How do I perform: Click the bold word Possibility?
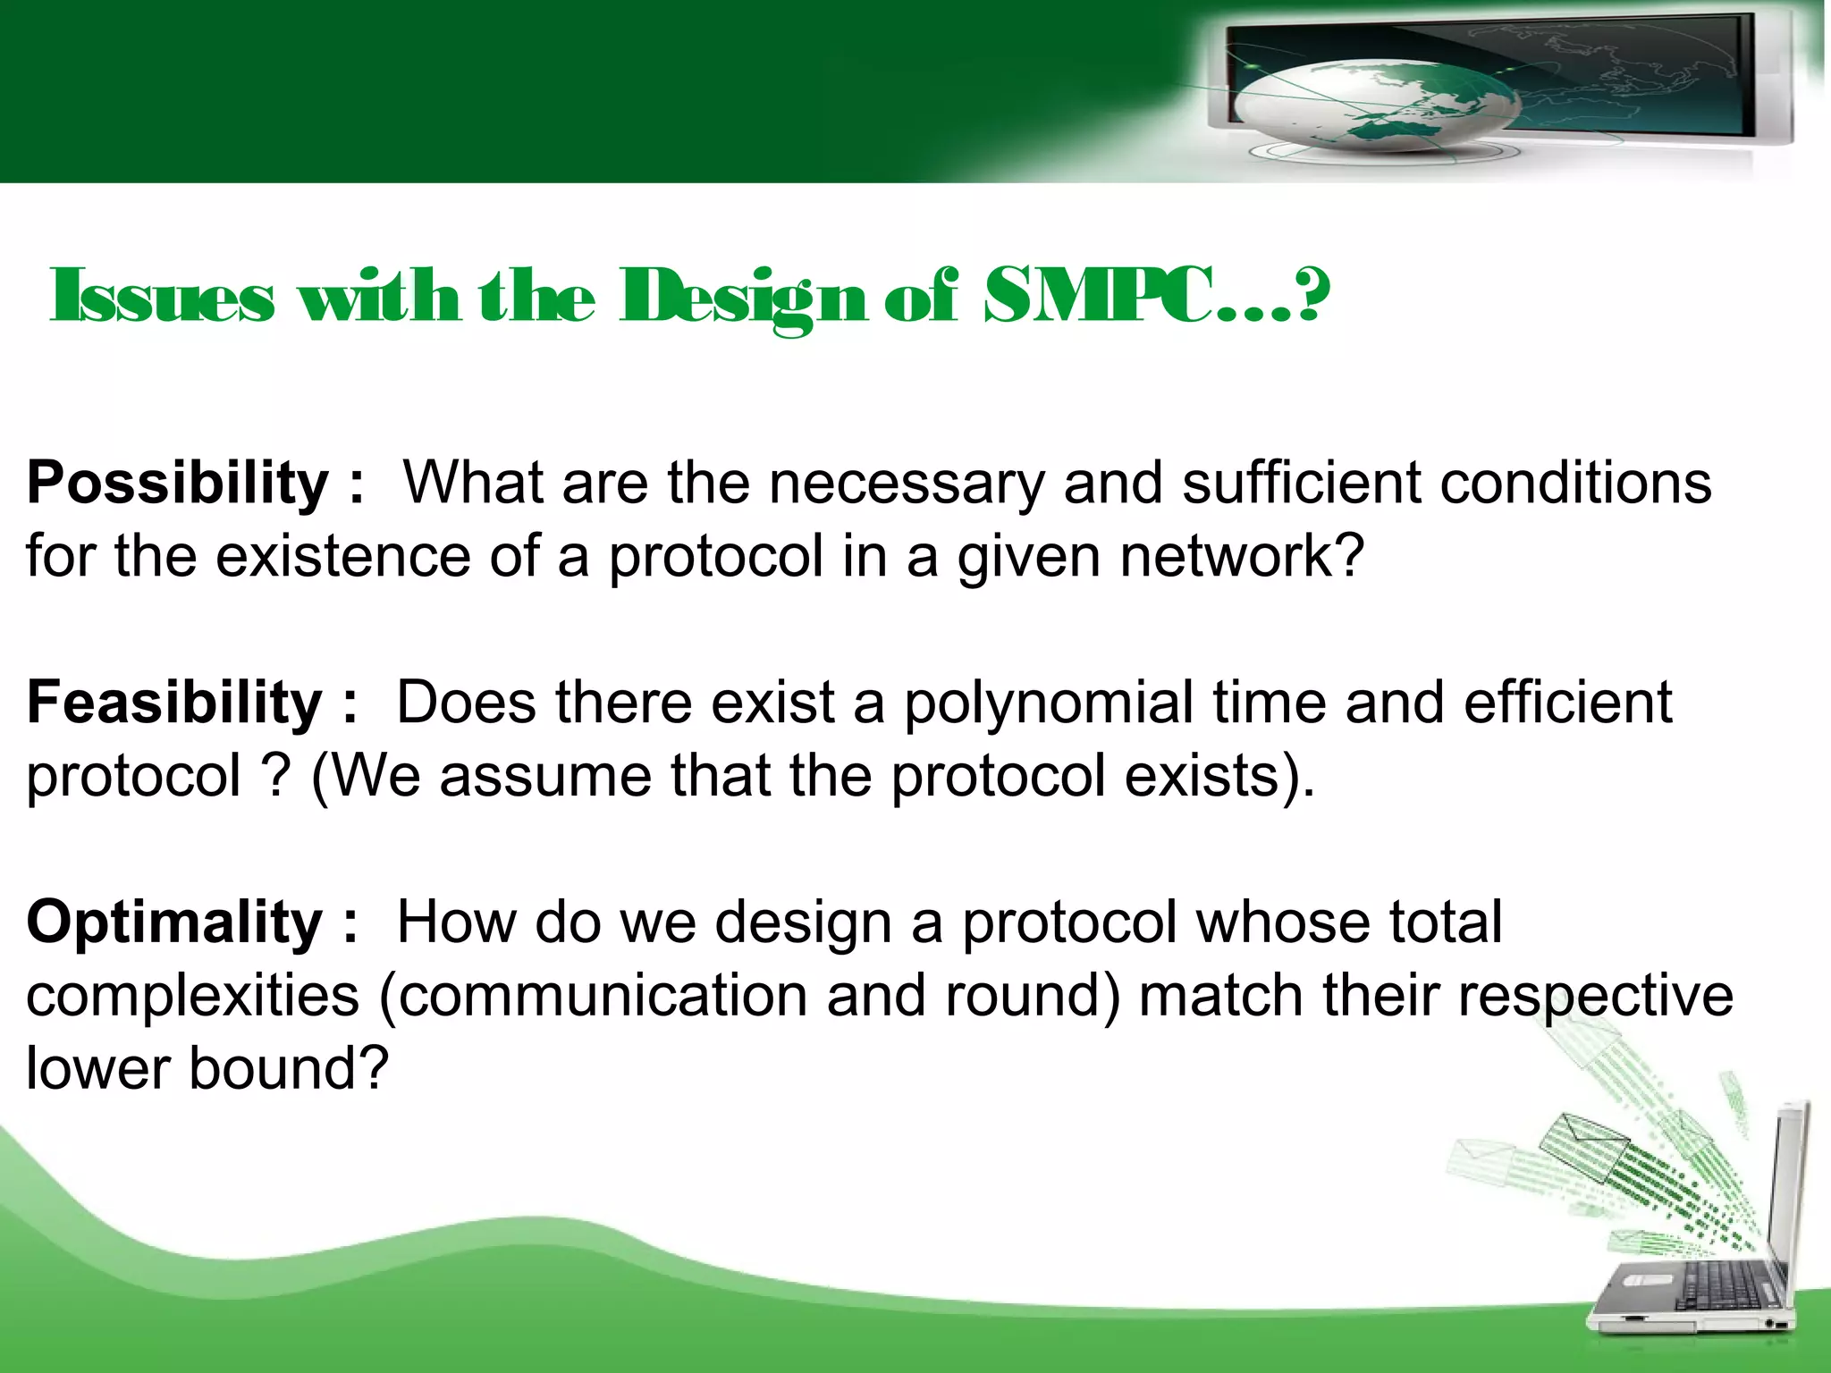[178, 484]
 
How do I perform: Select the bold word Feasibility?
[174, 703]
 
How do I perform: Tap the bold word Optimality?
[174, 922]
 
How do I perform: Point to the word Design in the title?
[743, 298]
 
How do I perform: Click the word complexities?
[192, 996]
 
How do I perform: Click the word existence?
[342, 556]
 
